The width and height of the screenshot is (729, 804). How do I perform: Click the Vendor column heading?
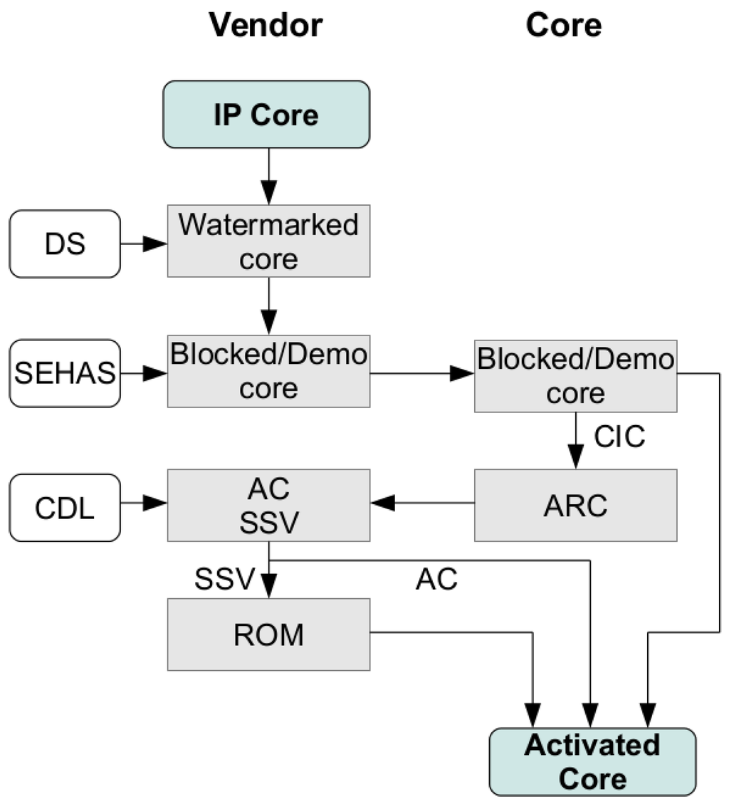tap(266, 26)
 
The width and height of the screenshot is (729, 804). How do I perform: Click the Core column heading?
tap(563, 26)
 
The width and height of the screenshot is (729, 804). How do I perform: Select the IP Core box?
tap(266, 115)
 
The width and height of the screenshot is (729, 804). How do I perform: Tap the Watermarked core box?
tap(268, 241)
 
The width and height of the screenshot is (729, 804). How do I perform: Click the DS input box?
tap(65, 244)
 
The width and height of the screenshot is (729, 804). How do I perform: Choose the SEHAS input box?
tap(65, 373)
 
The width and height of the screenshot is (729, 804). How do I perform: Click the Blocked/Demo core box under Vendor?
tap(268, 371)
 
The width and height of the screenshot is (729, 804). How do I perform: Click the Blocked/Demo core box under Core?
tap(575, 375)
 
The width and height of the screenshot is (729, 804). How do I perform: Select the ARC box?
tap(575, 505)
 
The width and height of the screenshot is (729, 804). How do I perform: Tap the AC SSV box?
tap(268, 505)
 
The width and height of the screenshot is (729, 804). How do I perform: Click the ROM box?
tap(268, 635)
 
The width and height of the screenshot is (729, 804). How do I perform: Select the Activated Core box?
tap(592, 761)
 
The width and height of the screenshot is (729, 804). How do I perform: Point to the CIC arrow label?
tap(619, 437)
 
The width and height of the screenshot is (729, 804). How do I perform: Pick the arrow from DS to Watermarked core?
tap(144, 244)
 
